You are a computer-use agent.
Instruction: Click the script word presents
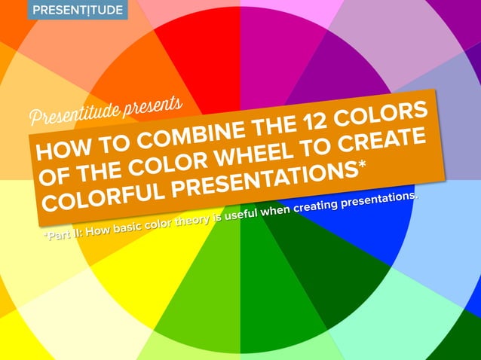coord(156,102)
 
